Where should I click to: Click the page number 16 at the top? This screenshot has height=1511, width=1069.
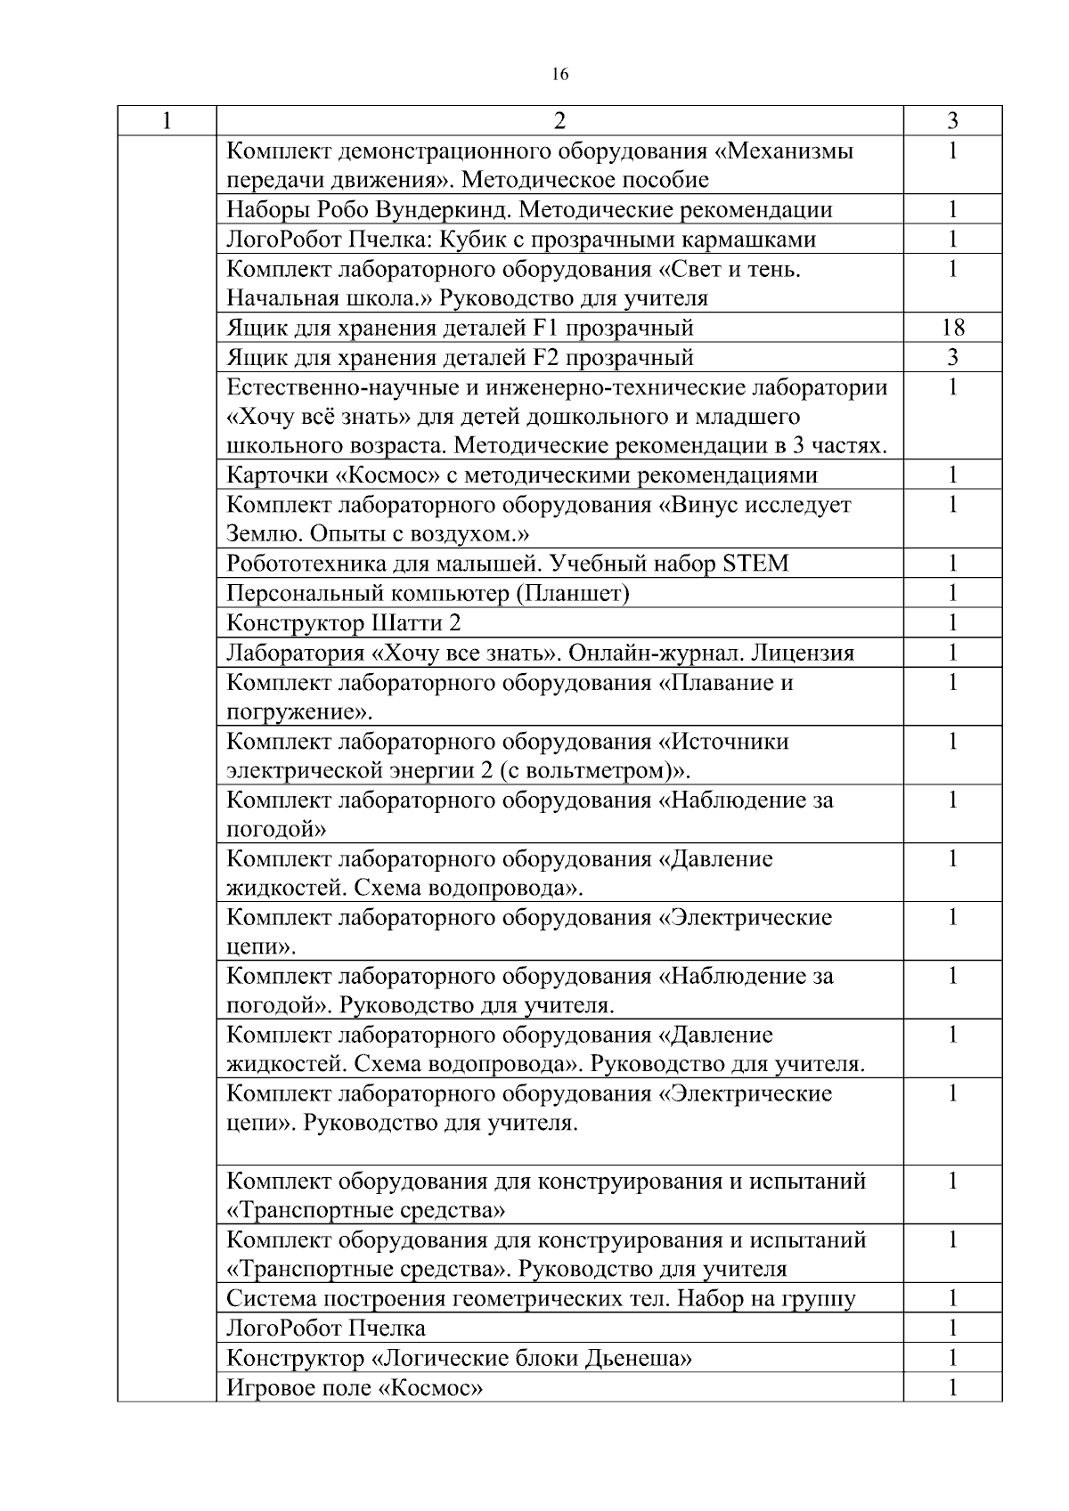[x=559, y=75]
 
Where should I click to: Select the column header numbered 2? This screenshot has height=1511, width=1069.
[x=559, y=120]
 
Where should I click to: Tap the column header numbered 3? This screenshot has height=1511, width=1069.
[x=952, y=120]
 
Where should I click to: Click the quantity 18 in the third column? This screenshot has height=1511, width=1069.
[x=952, y=328]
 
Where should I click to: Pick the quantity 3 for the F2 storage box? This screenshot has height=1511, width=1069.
[x=952, y=357]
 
